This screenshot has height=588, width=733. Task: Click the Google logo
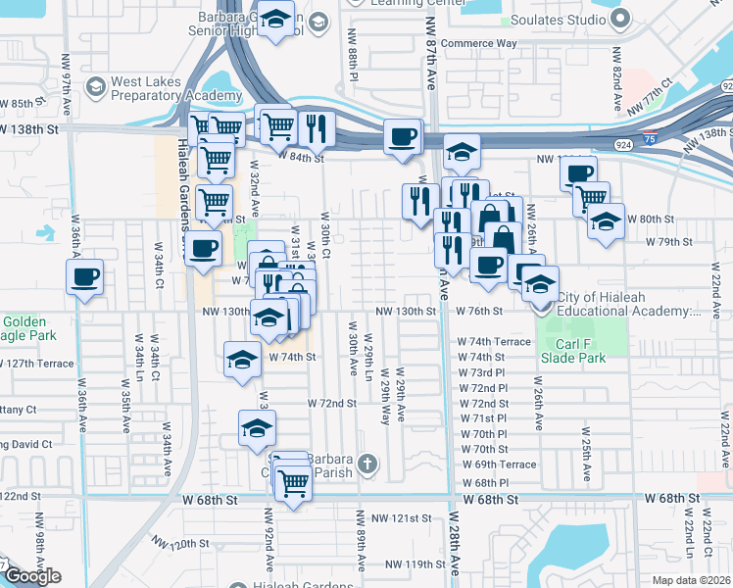pos(32,576)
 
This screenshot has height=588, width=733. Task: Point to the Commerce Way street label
pos(478,44)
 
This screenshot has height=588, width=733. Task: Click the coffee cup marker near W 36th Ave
pos(84,275)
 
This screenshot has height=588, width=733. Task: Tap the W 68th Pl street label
pos(483,483)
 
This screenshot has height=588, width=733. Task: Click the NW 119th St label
pos(415,563)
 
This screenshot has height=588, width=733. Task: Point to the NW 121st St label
pos(408,517)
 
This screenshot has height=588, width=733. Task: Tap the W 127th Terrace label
pos(39,363)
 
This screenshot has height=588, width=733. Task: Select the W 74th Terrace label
pos(494,341)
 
